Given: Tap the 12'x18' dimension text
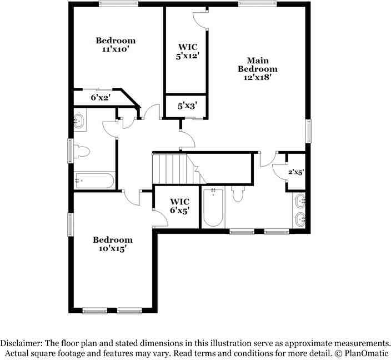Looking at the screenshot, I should pyautogui.click(x=257, y=78).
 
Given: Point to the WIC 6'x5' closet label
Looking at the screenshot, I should pyautogui.click(x=179, y=206).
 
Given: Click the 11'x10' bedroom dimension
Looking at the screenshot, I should pyautogui.click(x=116, y=49).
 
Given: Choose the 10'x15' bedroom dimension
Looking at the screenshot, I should pyautogui.click(x=112, y=248).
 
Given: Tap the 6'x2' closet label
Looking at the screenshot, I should pyautogui.click(x=101, y=97).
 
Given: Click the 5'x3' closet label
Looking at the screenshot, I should pyautogui.click(x=187, y=105).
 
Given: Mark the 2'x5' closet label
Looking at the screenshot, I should pyautogui.click(x=295, y=172).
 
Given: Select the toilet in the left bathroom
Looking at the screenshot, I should pyautogui.click(x=82, y=151).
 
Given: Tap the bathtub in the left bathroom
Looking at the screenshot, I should pyautogui.click(x=94, y=181).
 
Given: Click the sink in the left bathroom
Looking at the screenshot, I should pyautogui.click(x=79, y=121).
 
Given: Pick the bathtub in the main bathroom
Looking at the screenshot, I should pyautogui.click(x=213, y=208).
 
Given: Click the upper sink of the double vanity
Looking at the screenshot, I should pyautogui.click(x=300, y=201).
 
